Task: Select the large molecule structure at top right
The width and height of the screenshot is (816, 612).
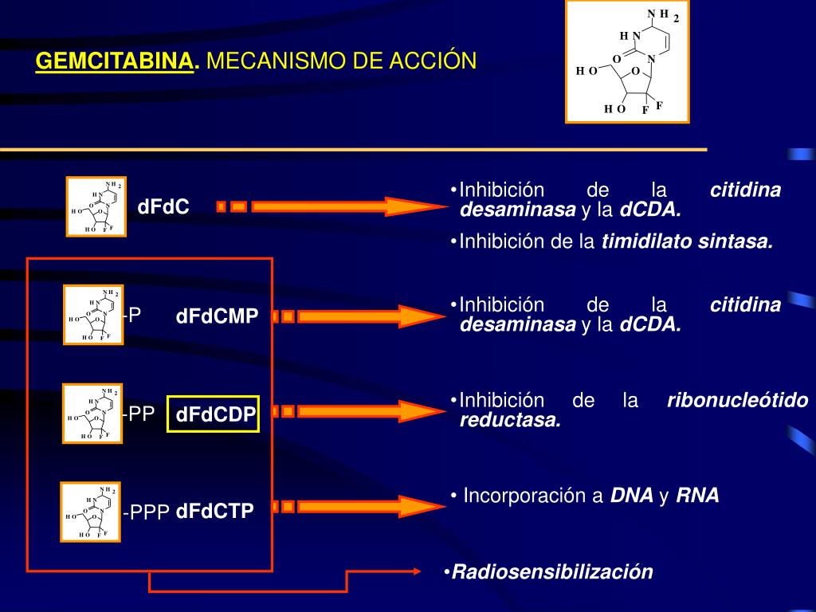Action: [627, 61]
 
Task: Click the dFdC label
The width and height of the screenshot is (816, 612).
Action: [163, 207]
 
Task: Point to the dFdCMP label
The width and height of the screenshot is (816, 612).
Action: [218, 317]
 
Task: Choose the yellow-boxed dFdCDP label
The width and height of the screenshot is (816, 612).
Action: [214, 414]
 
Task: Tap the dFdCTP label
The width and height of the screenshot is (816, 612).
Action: [214, 512]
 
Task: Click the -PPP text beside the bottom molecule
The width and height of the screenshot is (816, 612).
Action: [146, 512]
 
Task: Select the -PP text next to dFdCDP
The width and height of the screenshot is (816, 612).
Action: [138, 414]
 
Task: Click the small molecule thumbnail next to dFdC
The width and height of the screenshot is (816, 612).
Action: [96, 207]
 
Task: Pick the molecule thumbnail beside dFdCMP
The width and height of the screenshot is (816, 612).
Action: [92, 316]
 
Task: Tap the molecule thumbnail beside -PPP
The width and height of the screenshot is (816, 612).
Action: [91, 511]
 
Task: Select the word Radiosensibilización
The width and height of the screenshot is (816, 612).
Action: [552, 571]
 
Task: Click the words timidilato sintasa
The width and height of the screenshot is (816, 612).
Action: [687, 242]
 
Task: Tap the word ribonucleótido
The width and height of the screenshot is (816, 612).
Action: [737, 401]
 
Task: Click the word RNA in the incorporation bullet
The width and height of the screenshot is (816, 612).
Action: [697, 496]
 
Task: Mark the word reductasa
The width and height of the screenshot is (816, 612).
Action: [510, 421]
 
